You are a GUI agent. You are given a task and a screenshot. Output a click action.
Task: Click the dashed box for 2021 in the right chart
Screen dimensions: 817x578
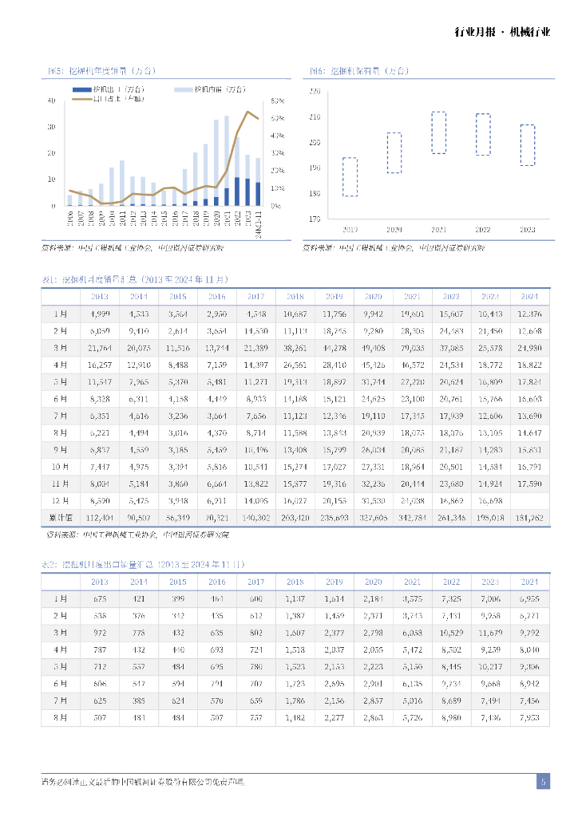(x=438, y=132)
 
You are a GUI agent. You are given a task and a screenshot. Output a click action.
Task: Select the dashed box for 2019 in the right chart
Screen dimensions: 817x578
(x=350, y=176)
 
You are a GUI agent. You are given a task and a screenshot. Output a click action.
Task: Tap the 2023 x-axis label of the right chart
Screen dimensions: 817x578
(x=526, y=229)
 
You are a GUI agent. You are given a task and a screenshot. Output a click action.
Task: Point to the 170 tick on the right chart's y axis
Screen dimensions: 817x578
(x=314, y=219)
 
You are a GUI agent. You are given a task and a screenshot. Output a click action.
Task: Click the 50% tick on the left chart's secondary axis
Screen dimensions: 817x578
(x=277, y=118)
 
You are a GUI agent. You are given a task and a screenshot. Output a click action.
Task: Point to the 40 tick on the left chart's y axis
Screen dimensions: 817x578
(x=52, y=101)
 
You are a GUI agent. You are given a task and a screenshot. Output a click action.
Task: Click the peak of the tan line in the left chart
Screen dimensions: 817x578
(x=247, y=112)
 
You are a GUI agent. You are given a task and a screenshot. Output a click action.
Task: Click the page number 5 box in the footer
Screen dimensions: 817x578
(x=543, y=782)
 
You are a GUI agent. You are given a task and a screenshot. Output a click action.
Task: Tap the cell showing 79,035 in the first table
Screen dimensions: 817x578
(x=412, y=348)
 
